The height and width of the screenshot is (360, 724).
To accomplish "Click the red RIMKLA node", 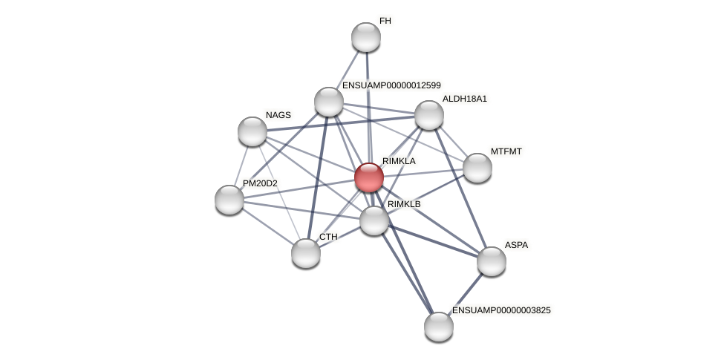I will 369,177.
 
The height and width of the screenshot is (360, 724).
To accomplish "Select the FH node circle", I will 366,37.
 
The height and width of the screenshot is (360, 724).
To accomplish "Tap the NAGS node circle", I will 252,131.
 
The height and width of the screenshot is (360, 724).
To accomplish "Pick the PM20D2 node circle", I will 229,200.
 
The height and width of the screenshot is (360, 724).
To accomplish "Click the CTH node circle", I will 306,253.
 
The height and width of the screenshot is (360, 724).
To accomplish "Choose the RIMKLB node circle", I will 374,220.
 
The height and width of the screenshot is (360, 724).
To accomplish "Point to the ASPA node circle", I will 492,261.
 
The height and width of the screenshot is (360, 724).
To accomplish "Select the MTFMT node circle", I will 477,168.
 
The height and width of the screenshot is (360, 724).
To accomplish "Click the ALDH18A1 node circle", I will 429,115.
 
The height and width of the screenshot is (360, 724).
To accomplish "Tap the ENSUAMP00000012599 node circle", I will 329,102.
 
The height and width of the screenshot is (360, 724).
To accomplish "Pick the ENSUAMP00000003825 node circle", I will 439,327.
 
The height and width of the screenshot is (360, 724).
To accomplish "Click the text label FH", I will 385,21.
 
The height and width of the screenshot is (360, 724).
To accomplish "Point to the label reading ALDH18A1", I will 465,99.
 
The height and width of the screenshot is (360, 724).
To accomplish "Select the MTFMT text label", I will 506,151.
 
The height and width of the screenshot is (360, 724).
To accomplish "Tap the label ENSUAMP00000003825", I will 501,310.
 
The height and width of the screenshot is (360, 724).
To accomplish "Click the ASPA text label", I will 516,245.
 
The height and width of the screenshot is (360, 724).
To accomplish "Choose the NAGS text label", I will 278,115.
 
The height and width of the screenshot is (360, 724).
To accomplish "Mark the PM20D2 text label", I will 260,183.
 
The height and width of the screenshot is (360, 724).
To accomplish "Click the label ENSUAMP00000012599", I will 391,85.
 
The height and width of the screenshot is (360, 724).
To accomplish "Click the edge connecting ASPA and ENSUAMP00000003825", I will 466,294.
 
